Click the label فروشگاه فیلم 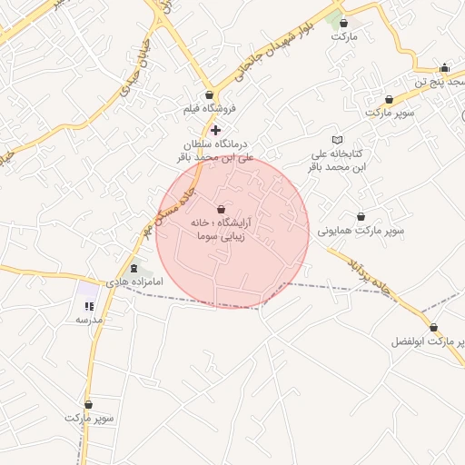pyautogui.click(x=210, y=108)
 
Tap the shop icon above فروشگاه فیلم pyautogui.click(x=210, y=94)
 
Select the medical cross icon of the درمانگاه pyautogui.click(x=215, y=130)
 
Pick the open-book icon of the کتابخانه pyautogui.click(x=338, y=140)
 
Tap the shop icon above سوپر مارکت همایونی pyautogui.click(x=362, y=217)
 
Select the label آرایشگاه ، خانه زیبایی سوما pyautogui.click(x=223, y=228)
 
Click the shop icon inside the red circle pyautogui.click(x=223, y=209)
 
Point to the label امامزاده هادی pyautogui.click(x=134, y=282)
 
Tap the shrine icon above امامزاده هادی pyautogui.click(x=135, y=269)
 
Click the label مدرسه pyautogui.click(x=89, y=320)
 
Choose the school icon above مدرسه pyautogui.click(x=89, y=305)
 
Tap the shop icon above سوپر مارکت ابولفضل pyautogui.click(x=433, y=328)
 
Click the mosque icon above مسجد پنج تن pyautogui.click(x=444, y=67)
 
